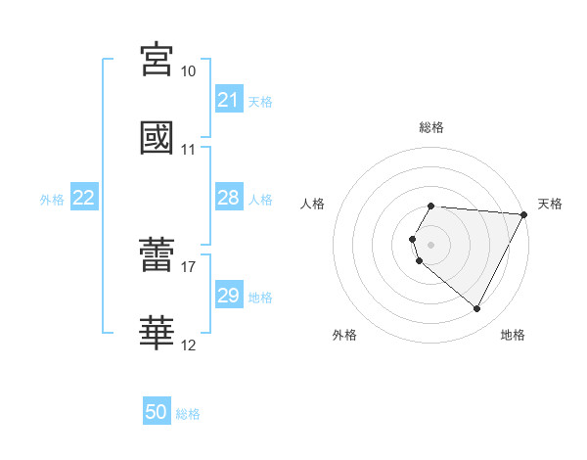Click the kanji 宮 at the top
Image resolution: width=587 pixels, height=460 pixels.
coord(157,61)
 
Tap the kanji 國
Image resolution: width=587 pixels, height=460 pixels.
coord(157,138)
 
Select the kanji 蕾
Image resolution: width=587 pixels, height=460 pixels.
coord(157,255)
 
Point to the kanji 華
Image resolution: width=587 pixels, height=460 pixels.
coord(157,334)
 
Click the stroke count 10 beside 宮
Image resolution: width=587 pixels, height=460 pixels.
coord(188,71)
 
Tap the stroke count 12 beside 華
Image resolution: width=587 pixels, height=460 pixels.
coord(188,345)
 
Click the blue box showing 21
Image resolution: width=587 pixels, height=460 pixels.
coord(228,100)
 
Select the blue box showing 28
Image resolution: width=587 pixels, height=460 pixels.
coord(228,198)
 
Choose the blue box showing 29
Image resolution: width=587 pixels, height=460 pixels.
coord(228,296)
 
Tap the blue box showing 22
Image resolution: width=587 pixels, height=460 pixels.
coord(84,198)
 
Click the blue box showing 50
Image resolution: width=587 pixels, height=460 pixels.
coord(157,412)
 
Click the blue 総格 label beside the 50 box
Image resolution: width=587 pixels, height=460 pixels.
coord(188,414)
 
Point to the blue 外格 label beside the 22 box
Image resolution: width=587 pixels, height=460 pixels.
coord(52,200)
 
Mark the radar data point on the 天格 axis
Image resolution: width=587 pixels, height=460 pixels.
coord(524,214)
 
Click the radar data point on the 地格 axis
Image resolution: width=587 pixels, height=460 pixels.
coord(477,309)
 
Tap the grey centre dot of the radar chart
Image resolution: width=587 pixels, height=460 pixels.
coord(431,244)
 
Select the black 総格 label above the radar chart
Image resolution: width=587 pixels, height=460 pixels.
coord(431,127)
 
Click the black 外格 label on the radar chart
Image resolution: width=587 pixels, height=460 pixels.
coord(344,335)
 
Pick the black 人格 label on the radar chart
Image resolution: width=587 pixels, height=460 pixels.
coord(313,204)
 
